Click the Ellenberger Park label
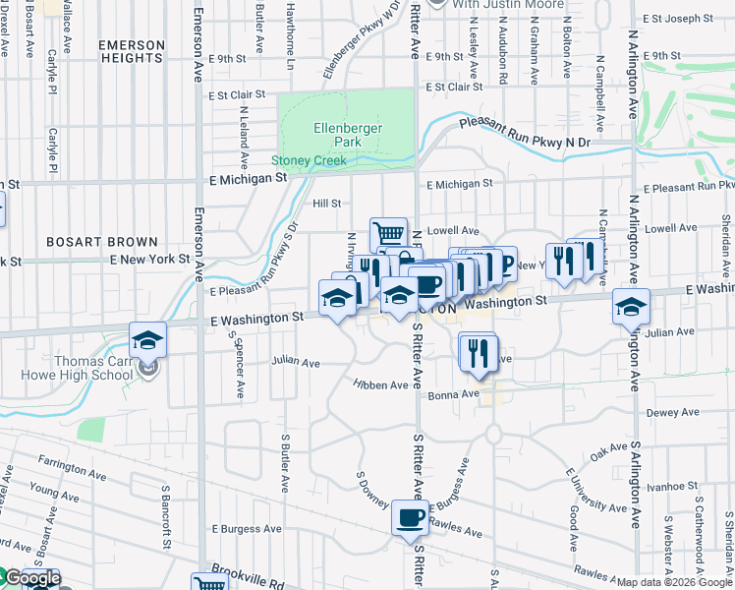[348, 135]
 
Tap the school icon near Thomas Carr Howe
[148, 340]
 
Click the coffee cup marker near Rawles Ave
[410, 517]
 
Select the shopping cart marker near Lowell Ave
[388, 235]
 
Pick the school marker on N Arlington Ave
[631, 307]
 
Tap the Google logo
[32, 578]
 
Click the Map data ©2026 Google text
[674, 582]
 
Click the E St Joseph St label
[678, 19]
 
